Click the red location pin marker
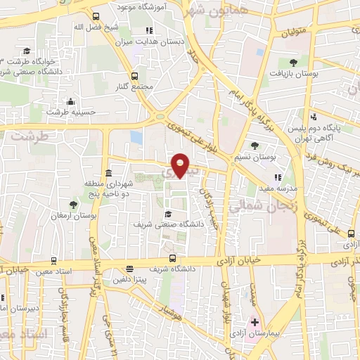[181, 165]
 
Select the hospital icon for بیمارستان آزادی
[255, 323]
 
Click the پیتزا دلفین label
[131, 279]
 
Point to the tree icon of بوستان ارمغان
[72, 205]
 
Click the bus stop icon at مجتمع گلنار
[134, 76]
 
